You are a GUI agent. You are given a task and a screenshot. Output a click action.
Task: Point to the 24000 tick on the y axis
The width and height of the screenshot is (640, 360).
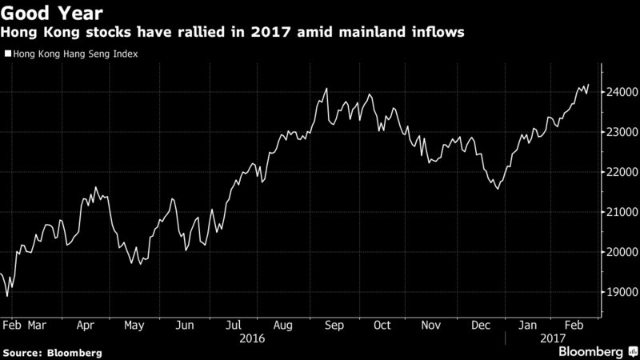[x=616, y=93]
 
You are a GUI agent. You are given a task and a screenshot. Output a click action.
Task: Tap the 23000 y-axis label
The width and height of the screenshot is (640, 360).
[x=616, y=132]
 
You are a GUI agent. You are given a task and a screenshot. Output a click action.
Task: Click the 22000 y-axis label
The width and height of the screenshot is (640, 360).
[x=616, y=172]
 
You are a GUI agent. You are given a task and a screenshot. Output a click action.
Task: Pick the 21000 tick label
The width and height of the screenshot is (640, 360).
[x=616, y=212]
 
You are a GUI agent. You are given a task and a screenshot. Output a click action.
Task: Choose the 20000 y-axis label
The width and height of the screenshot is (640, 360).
[x=616, y=252]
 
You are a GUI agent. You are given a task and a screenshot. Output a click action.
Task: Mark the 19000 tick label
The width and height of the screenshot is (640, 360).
[x=616, y=292]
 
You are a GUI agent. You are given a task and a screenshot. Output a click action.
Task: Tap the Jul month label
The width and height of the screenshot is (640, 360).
[x=234, y=326]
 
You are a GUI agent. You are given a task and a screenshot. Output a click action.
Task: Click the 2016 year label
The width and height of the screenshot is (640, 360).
[x=254, y=338]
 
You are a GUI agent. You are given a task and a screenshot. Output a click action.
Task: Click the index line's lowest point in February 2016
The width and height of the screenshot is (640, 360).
[x=7, y=296]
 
